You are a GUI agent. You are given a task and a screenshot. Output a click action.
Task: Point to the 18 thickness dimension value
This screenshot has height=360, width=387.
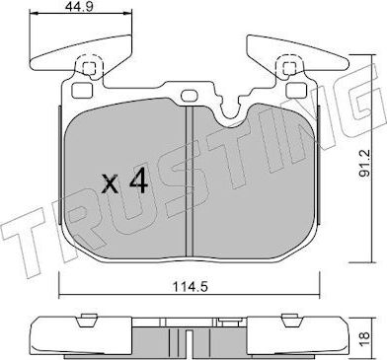coord(366,337)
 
